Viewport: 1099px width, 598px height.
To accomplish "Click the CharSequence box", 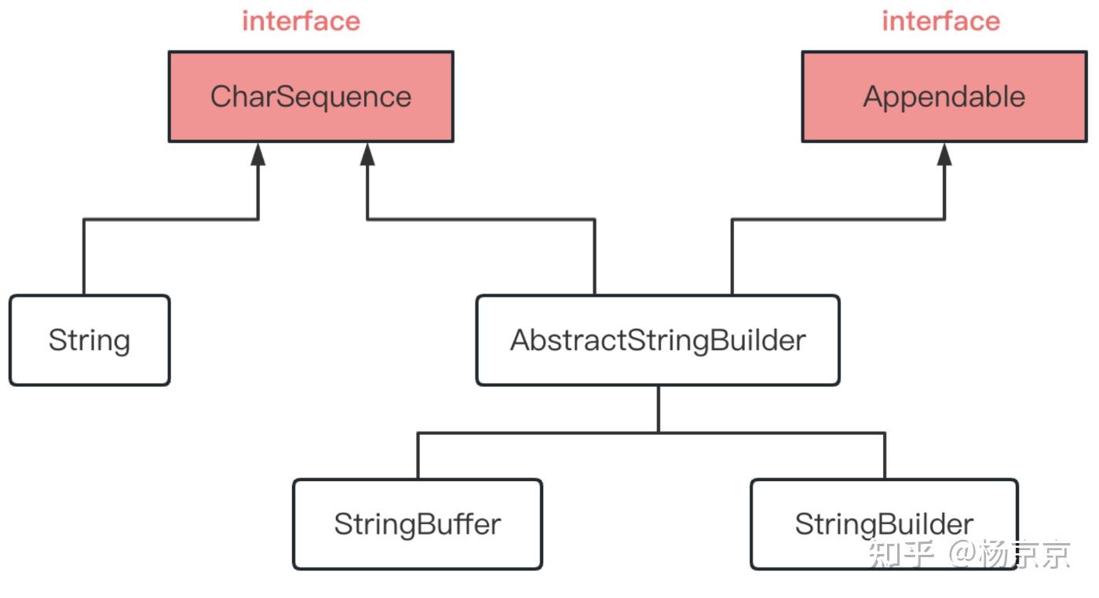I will (x=311, y=97).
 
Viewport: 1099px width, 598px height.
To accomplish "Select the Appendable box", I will (x=944, y=97).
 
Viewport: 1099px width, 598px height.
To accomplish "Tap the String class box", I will (x=89, y=341).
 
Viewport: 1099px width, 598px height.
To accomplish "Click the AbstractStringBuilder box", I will (x=658, y=341).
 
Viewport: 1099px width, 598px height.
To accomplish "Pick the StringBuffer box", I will (x=418, y=524).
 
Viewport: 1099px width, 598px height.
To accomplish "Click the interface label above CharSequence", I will (x=301, y=21).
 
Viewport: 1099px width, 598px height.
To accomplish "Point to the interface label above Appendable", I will (x=940, y=21).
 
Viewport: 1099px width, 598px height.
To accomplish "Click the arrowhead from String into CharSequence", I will (x=257, y=154).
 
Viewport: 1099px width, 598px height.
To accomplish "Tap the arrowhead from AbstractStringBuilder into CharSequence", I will (x=367, y=154).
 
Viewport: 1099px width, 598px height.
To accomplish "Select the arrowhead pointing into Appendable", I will (x=944, y=154).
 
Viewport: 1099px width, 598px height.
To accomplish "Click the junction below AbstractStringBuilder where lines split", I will (x=658, y=432).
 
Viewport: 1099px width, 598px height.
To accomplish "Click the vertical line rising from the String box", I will (x=84, y=259).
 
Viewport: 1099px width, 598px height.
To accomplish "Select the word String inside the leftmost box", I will (x=89, y=341).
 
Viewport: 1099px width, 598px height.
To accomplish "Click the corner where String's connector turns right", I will (x=84, y=220).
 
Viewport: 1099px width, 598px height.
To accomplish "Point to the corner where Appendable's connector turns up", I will (x=944, y=220).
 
